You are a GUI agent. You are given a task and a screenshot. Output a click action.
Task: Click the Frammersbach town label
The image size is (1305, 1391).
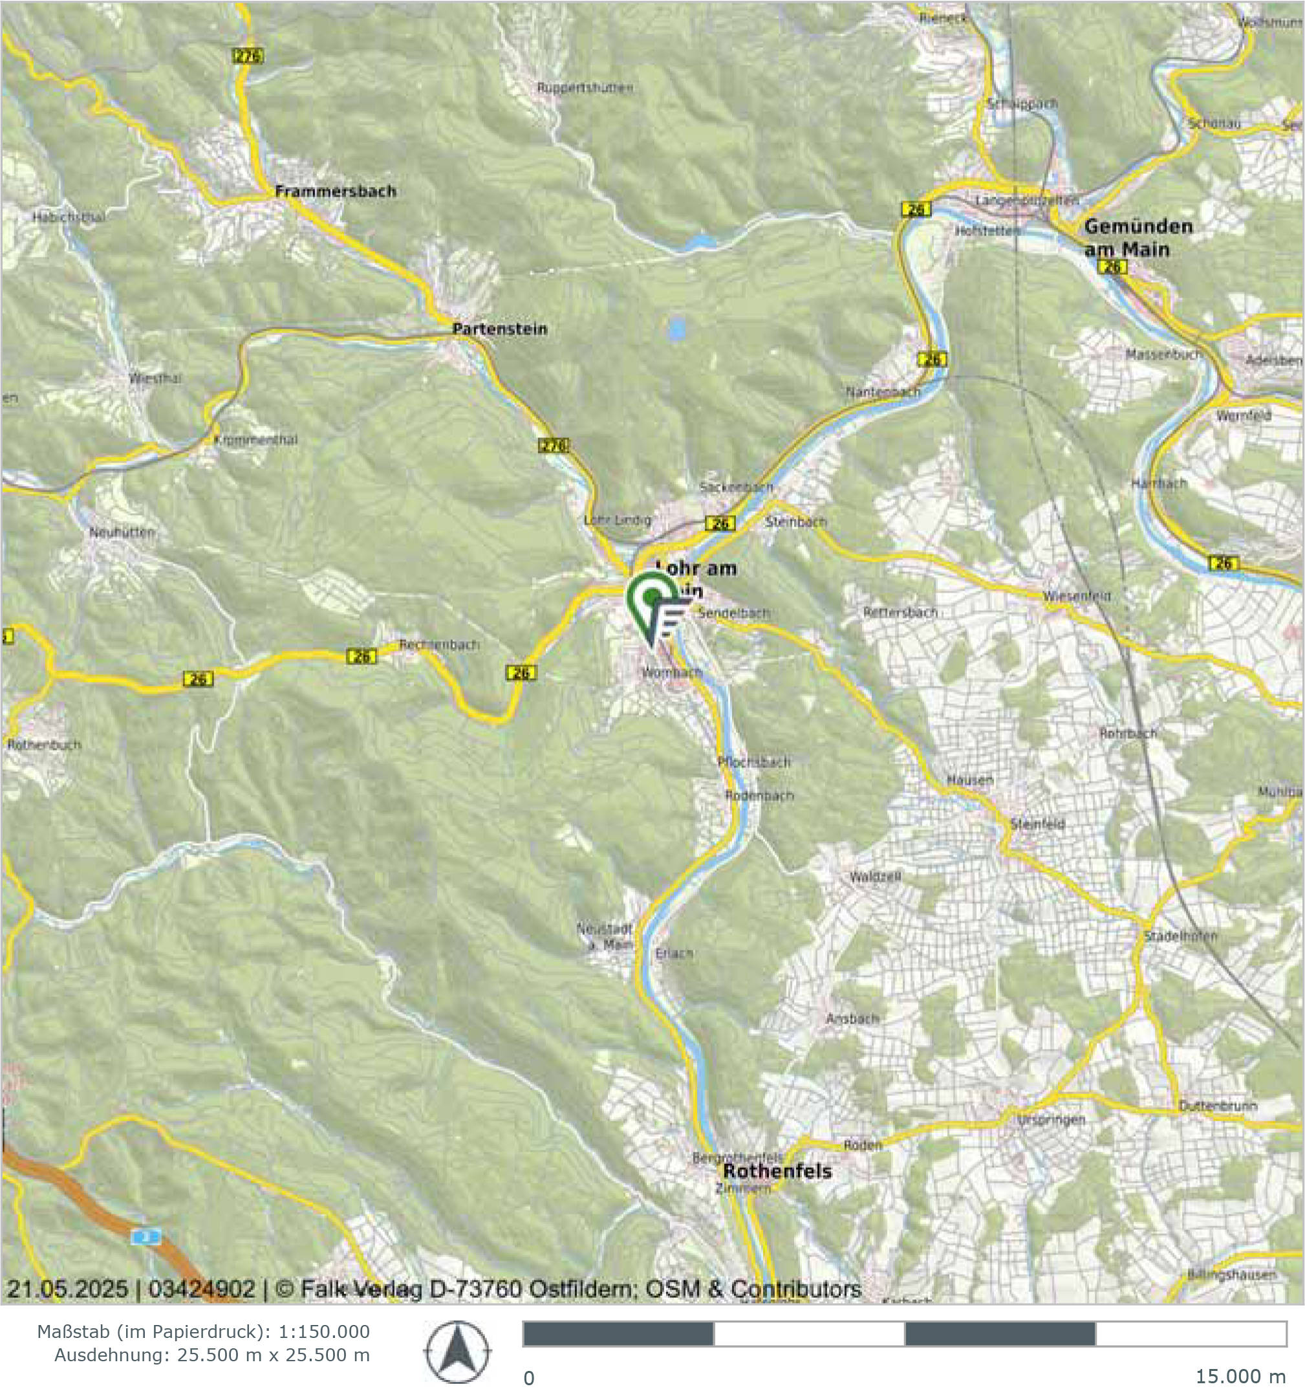[x=335, y=191]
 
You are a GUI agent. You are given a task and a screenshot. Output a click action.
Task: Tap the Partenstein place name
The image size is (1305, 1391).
[x=499, y=329]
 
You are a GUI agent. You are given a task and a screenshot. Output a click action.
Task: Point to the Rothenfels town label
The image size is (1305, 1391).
[x=777, y=1171]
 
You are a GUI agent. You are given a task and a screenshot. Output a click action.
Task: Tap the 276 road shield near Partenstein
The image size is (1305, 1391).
[x=553, y=445]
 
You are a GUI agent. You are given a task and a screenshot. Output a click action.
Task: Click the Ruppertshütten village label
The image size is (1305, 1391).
[x=585, y=88]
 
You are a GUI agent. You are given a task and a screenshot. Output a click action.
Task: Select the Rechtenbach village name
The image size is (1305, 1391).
[x=439, y=644]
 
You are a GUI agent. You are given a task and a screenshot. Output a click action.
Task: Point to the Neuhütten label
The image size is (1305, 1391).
[x=122, y=532]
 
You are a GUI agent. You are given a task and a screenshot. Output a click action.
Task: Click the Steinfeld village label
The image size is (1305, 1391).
[x=1037, y=824]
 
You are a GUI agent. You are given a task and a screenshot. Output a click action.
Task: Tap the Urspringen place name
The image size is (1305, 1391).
[x=1050, y=1119]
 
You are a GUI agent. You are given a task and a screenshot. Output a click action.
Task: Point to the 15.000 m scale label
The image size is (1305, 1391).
[x=1240, y=1376]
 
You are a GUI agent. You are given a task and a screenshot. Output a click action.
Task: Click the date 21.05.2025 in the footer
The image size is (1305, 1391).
[x=67, y=1289]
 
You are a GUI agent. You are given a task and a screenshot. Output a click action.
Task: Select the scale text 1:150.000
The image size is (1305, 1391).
[x=324, y=1331]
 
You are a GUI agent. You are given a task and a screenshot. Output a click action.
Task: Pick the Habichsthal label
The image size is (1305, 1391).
[x=69, y=217]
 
